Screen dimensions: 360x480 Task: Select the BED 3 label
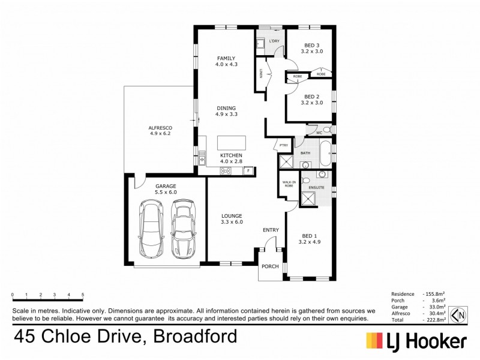[311, 49]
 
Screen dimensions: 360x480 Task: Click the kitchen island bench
[232, 143]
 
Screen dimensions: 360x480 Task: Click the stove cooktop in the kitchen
[226, 171]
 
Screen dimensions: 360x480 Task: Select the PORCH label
[269, 266]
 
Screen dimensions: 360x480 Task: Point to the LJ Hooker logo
[416, 341]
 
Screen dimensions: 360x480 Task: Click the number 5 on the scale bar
[82, 295]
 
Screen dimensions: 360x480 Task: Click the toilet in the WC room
[326, 129]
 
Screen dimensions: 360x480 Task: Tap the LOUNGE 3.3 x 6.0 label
[231, 219]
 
